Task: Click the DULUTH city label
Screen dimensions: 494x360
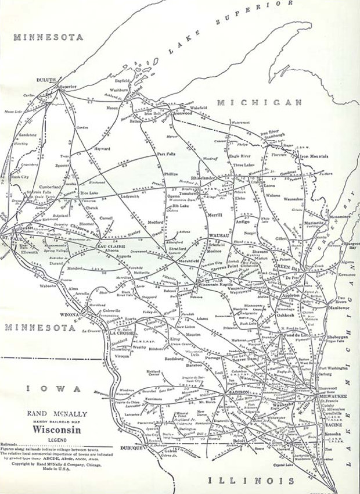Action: (x=46, y=80)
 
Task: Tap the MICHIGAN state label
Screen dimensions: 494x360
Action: (x=260, y=102)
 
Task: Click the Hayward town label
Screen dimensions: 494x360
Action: (x=102, y=149)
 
